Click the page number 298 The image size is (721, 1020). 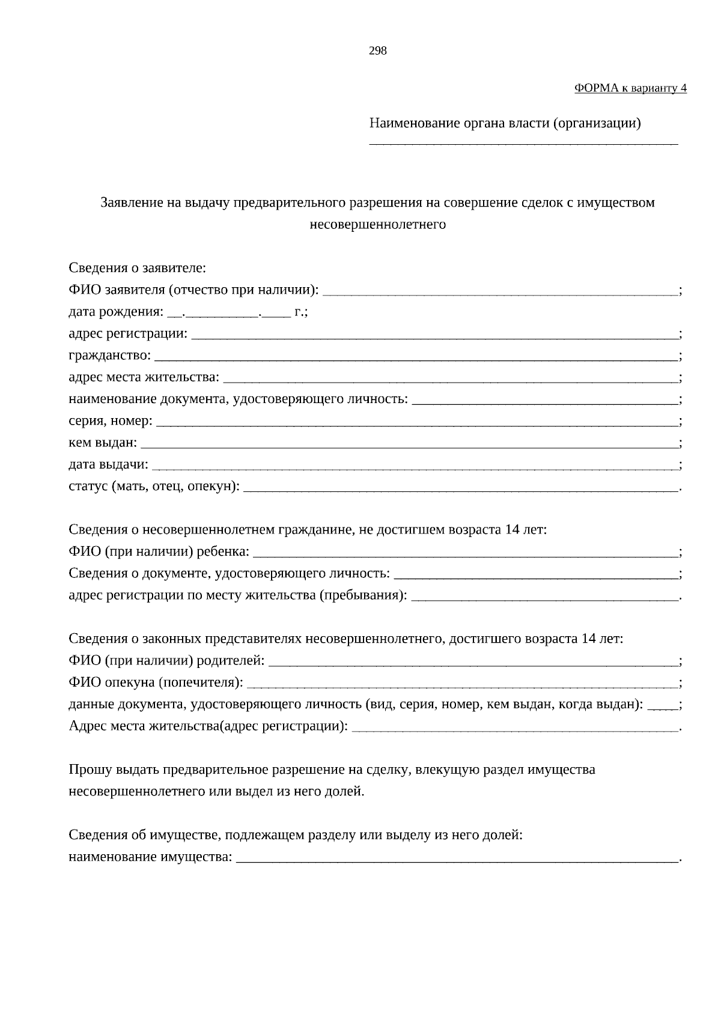point(377,51)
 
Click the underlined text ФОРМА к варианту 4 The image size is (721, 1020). point(630,88)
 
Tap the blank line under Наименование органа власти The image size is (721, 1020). point(523,142)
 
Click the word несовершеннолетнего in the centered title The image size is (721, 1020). point(377,225)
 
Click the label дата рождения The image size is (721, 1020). point(115,312)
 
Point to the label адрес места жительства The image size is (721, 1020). point(144,377)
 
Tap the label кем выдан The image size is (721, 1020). point(103,443)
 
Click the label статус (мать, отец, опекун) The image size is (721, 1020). point(154,487)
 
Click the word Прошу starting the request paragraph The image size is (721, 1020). point(88,770)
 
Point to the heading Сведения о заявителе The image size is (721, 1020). point(137,268)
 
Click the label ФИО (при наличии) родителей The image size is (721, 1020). point(166,661)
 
